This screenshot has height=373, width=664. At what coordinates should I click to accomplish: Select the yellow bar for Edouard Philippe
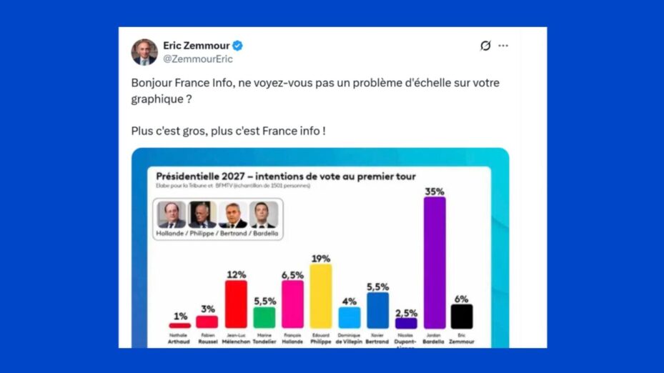click(x=321, y=296)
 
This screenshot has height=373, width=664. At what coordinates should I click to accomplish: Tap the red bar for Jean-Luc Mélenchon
click(x=236, y=304)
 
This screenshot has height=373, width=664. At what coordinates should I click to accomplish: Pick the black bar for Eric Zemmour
click(x=462, y=317)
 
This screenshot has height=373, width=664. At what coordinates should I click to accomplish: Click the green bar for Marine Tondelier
click(x=264, y=317)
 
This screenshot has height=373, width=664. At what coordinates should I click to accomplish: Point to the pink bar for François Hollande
click(x=292, y=304)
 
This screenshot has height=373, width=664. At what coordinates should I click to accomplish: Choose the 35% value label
click(x=435, y=191)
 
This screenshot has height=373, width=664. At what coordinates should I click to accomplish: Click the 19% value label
click(x=321, y=258)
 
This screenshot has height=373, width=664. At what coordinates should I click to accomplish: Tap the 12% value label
click(x=236, y=274)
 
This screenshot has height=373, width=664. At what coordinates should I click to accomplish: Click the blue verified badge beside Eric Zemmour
click(x=237, y=46)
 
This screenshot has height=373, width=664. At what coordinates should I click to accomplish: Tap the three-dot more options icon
click(x=503, y=46)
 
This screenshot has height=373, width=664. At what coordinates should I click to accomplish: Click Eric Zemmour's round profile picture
click(x=144, y=52)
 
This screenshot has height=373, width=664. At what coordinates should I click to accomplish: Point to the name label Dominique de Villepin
click(x=350, y=338)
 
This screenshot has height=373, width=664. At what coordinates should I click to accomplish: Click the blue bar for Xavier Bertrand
click(x=377, y=310)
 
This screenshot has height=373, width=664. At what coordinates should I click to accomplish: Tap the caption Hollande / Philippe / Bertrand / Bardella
click(x=218, y=234)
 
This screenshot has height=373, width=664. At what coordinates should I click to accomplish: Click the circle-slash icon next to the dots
click(x=485, y=46)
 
